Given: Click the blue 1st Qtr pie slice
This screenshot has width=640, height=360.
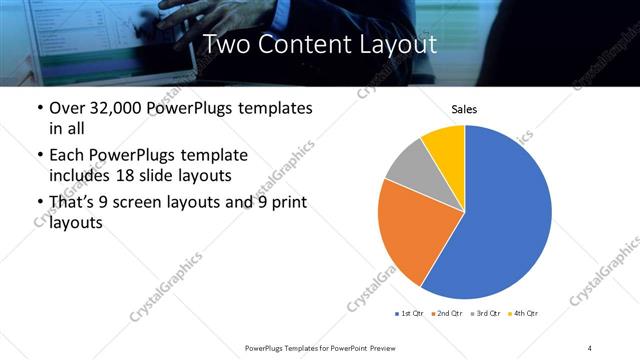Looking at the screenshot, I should click(x=500, y=220).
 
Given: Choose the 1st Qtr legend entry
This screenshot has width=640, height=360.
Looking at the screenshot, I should click(x=410, y=314).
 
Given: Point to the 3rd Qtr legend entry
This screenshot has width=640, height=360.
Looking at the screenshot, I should click(x=487, y=314).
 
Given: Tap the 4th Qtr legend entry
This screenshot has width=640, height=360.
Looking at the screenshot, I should click(x=523, y=314).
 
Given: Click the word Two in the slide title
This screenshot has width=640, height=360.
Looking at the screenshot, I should click(x=227, y=44).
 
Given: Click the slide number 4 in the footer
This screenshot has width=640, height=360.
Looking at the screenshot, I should click(x=589, y=347).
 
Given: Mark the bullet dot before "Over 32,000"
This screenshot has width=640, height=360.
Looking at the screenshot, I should click(x=39, y=108).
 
